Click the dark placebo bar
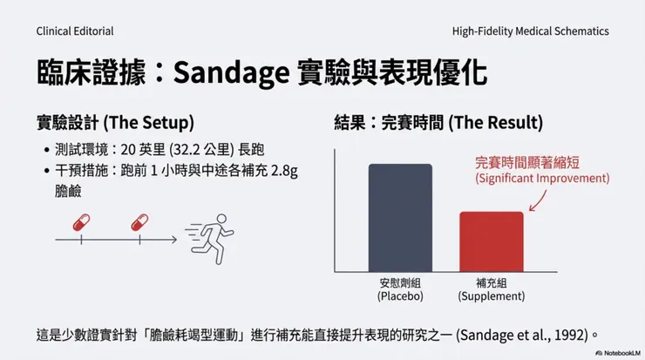(x=400, y=218)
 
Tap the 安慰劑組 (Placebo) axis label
(x=400, y=289)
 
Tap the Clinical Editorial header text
(x=75, y=31)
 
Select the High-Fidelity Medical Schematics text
(x=530, y=31)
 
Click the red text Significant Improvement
(x=541, y=179)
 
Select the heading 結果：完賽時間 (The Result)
(x=438, y=121)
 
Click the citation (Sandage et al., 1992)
(x=525, y=334)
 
